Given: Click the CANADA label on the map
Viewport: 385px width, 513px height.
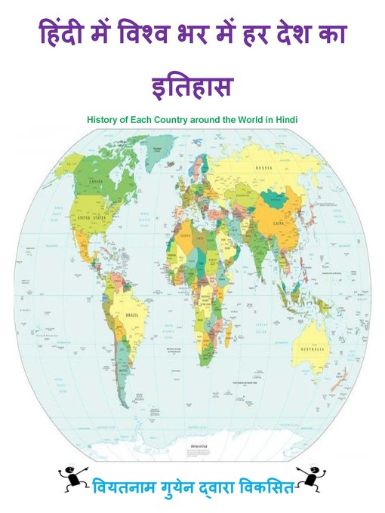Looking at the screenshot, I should point(97,182).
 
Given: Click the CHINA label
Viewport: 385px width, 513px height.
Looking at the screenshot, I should point(279,223).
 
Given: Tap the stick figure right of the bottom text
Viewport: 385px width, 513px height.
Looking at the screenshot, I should point(311,478).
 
